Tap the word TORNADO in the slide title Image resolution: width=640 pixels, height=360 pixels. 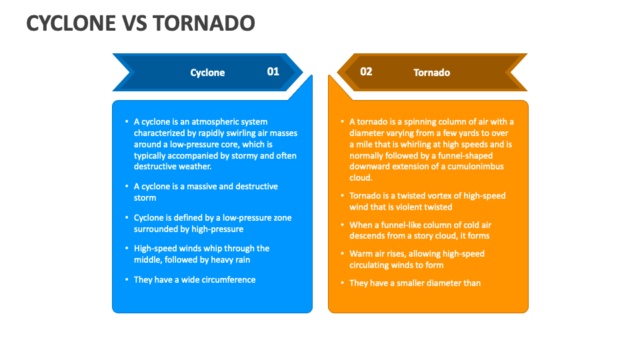204,23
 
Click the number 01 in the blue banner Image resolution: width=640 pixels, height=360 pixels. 273,71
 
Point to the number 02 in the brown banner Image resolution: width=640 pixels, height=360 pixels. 366,71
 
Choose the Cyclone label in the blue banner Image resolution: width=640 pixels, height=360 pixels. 207,73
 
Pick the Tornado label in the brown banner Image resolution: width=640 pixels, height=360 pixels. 431,73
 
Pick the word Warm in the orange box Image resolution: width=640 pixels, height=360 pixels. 361,254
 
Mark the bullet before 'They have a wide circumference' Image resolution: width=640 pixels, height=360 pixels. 127,280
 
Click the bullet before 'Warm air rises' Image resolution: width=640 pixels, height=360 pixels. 343,254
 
